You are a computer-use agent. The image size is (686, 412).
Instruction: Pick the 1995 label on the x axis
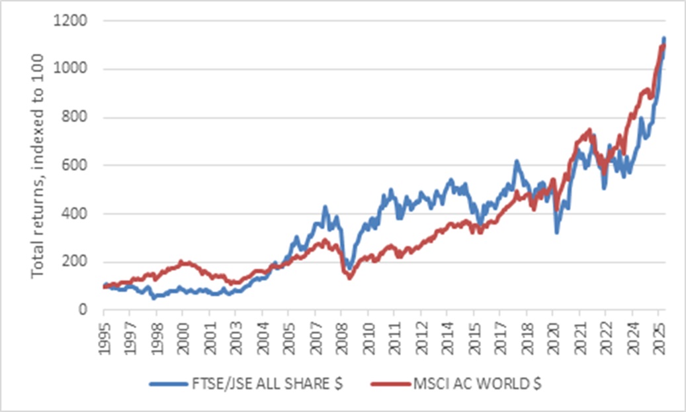[104, 337]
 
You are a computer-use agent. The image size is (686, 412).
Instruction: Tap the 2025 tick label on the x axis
[658, 337]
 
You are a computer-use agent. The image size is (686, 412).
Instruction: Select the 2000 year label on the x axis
[183, 337]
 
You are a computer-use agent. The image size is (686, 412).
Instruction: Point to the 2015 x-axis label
[473, 337]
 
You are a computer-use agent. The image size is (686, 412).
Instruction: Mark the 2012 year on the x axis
[420, 337]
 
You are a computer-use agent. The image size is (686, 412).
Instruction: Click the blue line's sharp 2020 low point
[557, 232]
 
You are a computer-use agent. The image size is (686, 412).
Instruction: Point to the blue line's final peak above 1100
[664, 38]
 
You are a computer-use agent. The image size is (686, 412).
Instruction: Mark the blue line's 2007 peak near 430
[325, 207]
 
